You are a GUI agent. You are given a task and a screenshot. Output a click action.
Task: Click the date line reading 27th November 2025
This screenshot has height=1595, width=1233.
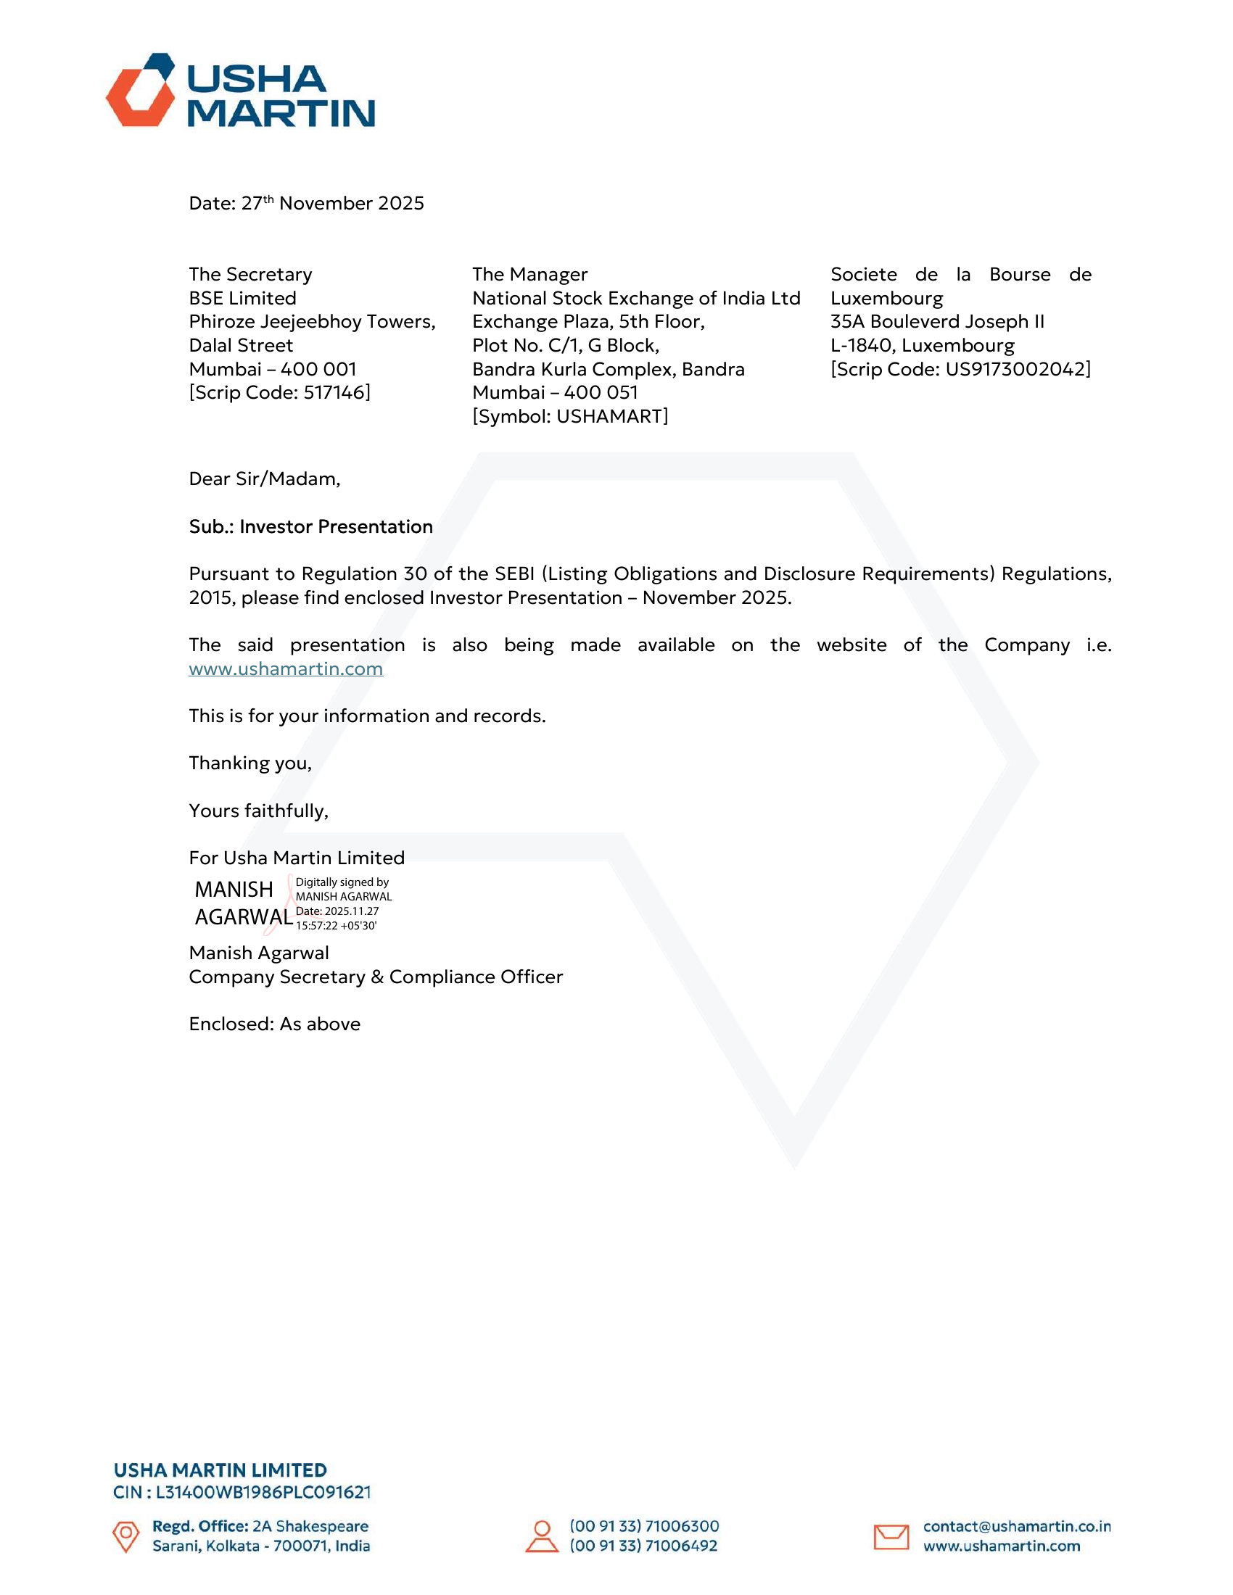tap(306, 203)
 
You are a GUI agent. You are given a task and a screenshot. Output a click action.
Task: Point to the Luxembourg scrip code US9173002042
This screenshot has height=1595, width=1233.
tap(1017, 370)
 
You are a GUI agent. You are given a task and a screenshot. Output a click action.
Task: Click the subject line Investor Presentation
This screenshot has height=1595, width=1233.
tap(310, 526)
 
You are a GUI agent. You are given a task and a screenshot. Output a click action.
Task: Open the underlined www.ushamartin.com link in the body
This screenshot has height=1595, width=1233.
tap(286, 669)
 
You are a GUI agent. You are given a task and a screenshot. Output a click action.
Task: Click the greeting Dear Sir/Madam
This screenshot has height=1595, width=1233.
tap(265, 479)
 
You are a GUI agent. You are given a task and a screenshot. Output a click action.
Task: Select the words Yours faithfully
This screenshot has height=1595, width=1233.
tap(259, 811)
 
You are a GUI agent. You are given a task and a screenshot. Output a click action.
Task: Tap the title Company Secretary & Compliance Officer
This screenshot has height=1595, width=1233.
tap(376, 977)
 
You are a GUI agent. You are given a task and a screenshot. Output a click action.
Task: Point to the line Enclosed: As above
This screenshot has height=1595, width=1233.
tap(275, 1024)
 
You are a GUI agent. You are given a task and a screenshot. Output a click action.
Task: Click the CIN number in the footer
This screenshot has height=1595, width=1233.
tap(263, 1492)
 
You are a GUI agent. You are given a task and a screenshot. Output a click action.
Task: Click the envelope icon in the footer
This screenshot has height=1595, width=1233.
tap(891, 1536)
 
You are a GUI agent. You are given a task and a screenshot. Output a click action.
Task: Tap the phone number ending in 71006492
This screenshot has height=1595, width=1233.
tap(643, 1546)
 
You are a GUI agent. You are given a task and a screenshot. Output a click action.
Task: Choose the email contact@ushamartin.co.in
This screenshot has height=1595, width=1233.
tap(1016, 1526)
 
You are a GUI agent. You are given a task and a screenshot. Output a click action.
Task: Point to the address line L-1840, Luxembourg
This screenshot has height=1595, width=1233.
tap(922, 345)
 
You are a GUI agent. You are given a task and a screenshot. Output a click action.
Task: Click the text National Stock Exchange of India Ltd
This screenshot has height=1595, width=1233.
tap(636, 298)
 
